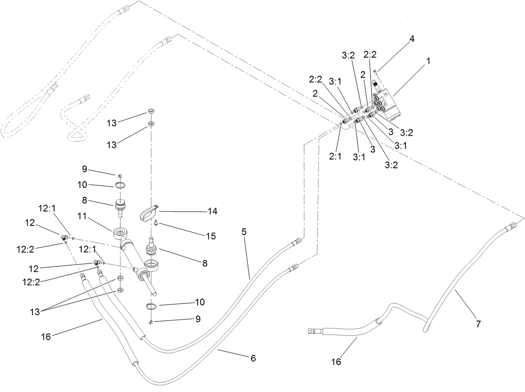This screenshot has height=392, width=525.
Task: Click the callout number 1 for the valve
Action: click(x=428, y=61)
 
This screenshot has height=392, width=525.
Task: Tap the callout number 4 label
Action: click(x=411, y=40)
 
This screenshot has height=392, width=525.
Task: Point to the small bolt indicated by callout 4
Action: click(x=376, y=72)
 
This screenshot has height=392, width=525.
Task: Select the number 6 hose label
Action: click(x=253, y=358)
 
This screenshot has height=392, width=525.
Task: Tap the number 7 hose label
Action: click(x=478, y=324)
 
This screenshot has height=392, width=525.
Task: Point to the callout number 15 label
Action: click(x=211, y=236)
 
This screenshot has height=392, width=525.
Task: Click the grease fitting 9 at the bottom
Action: click(x=151, y=321)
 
